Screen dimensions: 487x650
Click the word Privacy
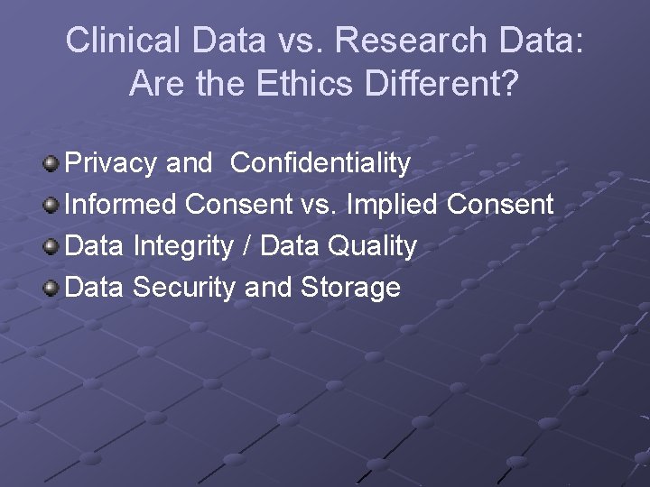[x=112, y=163]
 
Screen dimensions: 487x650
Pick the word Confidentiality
[x=320, y=163]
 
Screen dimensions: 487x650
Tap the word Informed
[x=121, y=205]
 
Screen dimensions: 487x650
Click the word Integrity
[x=186, y=246]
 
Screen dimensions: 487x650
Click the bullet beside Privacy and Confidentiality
[x=51, y=164]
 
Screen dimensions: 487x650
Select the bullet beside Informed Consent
[x=51, y=206]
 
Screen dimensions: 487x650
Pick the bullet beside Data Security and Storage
[x=51, y=289]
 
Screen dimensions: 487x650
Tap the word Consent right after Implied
[x=500, y=205]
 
